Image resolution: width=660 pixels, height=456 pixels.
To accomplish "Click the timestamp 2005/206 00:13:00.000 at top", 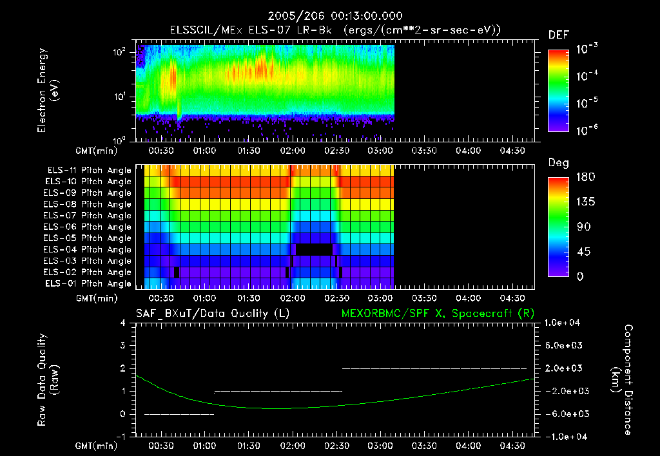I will (x=329, y=16).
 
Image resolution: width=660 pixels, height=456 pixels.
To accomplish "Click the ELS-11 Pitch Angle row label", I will (x=89, y=170).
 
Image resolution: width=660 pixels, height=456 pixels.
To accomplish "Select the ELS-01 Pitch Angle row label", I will (x=89, y=283).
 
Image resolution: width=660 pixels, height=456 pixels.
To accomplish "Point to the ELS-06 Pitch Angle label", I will (x=89, y=227).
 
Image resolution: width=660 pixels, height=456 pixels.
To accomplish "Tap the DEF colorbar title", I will (x=558, y=35).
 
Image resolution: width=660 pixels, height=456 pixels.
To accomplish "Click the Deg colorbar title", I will (x=558, y=163).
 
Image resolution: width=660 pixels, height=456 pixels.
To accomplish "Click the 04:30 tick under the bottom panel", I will (x=512, y=445).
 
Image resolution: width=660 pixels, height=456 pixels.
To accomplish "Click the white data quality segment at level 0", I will (x=179, y=414).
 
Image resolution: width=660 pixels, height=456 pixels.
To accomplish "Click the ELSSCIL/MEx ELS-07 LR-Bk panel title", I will (x=335, y=30).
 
